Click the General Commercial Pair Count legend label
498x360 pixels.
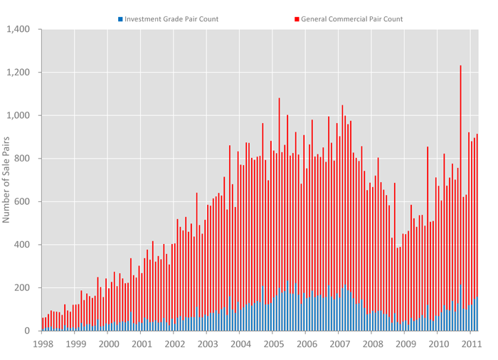tap(352, 19)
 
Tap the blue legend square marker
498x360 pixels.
tap(120, 19)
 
